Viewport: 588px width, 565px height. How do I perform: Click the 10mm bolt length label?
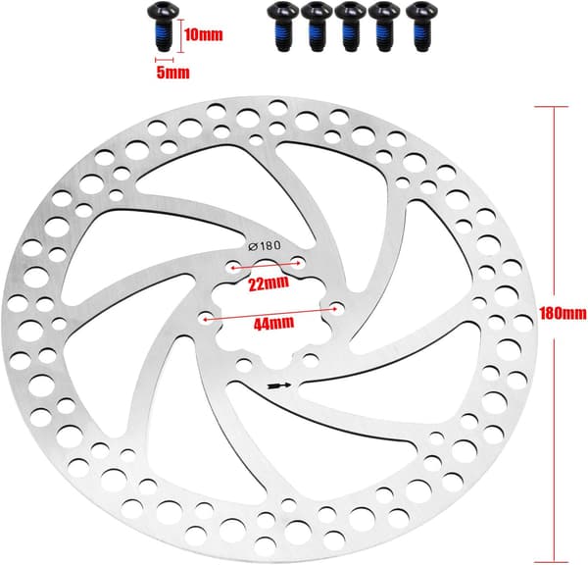204,35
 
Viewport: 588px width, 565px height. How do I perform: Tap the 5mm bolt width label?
172,73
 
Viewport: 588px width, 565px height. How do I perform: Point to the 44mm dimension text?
273,324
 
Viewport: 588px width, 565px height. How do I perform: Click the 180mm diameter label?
563,313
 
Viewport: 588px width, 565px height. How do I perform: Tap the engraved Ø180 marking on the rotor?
265,246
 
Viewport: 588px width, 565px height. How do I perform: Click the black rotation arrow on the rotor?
279,385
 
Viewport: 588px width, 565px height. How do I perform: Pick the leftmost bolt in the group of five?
280,26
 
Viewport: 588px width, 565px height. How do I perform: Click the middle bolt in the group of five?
350,26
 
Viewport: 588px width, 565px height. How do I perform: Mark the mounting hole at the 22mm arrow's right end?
298,262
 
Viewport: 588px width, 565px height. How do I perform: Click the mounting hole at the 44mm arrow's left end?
205,319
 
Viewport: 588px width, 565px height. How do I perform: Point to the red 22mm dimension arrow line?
266,265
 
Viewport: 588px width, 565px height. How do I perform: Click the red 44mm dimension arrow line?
270,314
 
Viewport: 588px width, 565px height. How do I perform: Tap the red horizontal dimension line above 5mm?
165,59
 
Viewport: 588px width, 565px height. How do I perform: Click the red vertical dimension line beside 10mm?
181,36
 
